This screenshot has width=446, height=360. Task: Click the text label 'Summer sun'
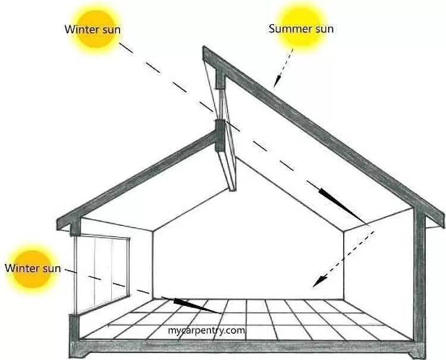pos(301,28)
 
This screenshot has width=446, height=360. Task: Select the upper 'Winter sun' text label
pos(93,28)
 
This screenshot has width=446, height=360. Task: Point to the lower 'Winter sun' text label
pos(33,268)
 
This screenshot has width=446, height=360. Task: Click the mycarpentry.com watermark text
pos(206,330)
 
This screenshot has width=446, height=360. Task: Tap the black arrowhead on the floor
pos(196,305)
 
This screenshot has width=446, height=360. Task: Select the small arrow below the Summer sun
pos(283,68)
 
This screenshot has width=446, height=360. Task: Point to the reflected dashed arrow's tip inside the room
pos(319,282)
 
